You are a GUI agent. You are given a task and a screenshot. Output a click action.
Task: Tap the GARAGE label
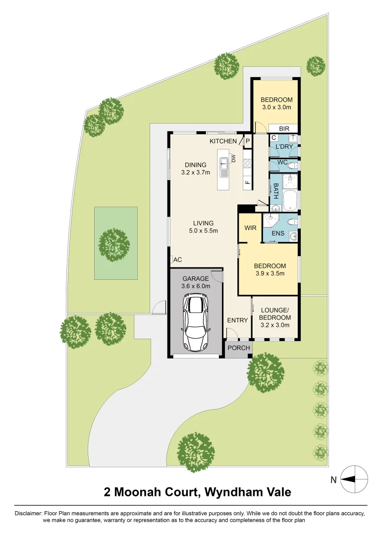[196, 278]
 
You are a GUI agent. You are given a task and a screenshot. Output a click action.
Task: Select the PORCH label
[238, 348]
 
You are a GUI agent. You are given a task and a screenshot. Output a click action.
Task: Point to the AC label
[178, 260]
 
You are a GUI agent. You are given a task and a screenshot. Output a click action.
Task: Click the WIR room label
[250, 228]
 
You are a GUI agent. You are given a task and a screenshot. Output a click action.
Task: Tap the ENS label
[278, 233]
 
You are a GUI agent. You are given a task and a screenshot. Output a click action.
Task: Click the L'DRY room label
[284, 147]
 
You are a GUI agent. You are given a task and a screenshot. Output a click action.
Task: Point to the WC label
[282, 163]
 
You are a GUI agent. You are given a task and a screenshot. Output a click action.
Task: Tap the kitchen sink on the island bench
[224, 167]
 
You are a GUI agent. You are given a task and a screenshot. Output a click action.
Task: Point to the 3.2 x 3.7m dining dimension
[195, 173]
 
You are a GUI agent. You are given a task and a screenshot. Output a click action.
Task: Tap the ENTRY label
[237, 320]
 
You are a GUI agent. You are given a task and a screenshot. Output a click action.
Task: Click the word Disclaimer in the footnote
[29, 514]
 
